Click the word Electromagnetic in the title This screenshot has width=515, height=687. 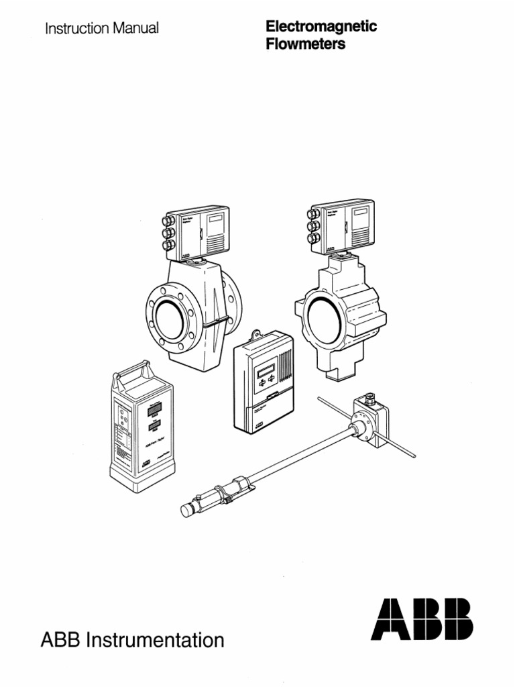coord(321,27)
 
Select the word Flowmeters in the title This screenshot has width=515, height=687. coord(306,45)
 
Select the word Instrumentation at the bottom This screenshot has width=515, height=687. coord(154,641)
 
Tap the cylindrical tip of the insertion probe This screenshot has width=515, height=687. coord(187,511)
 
